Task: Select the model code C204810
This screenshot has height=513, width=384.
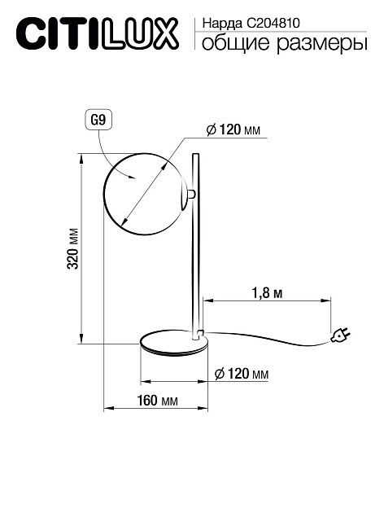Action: (273, 24)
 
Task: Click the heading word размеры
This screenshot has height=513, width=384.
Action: (322, 44)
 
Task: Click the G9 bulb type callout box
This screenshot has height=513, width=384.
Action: (98, 120)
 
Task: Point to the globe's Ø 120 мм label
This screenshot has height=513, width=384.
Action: (233, 130)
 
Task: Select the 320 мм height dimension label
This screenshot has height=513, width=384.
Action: (73, 248)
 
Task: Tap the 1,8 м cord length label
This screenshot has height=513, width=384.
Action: (267, 293)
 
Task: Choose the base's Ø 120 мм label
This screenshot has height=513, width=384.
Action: (241, 373)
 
